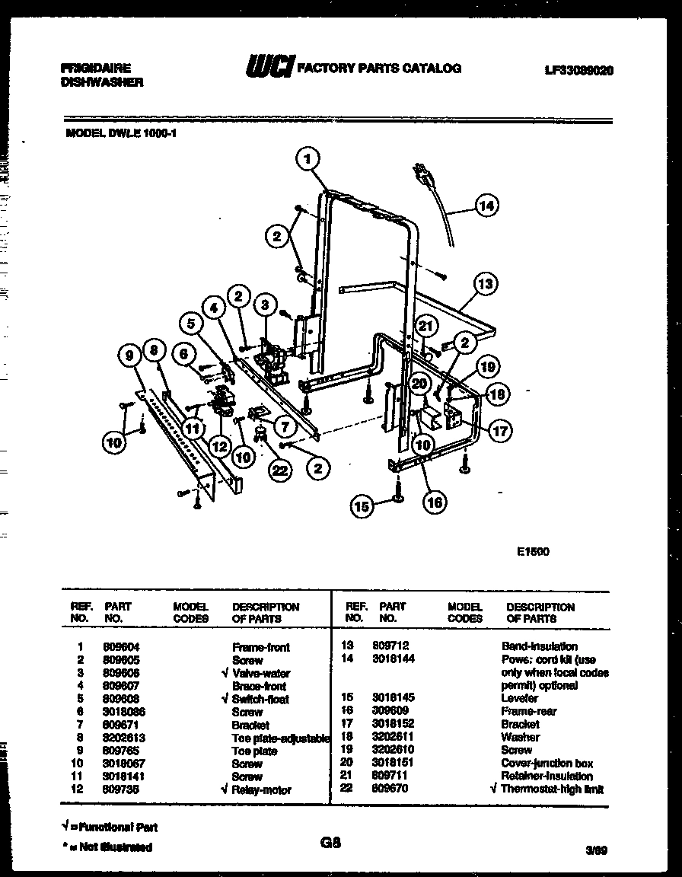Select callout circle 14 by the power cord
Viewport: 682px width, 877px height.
[486, 204]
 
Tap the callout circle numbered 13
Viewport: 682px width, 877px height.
[485, 284]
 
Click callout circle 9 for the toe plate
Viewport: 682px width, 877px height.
[131, 354]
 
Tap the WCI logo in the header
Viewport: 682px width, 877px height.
[268, 68]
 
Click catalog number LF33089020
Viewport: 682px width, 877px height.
[579, 69]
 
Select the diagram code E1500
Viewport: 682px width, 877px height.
[533, 552]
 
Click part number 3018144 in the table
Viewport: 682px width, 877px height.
[394, 659]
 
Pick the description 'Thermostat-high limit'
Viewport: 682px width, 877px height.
[552, 789]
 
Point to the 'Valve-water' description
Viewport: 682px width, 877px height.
[260, 673]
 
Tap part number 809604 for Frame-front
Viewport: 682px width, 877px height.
[121, 646]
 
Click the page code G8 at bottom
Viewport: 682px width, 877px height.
[330, 843]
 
